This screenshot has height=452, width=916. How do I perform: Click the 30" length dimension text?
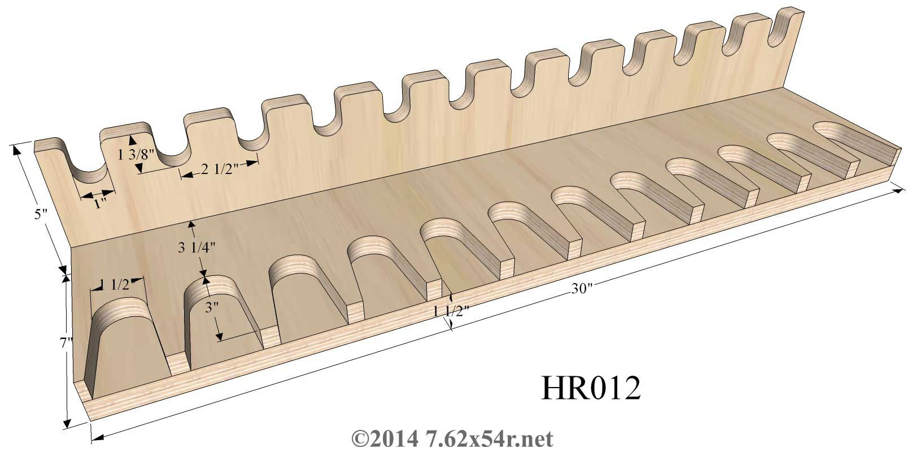coord(581,289)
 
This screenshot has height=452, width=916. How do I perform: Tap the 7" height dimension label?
coord(66,342)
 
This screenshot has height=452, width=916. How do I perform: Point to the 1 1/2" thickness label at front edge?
coord(451,310)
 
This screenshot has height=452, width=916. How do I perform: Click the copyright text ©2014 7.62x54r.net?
coord(452,438)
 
